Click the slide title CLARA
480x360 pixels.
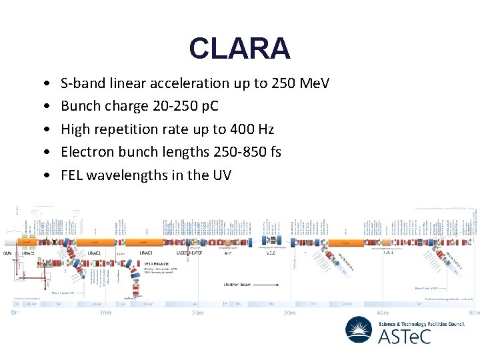239,48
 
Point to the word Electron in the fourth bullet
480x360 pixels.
85,152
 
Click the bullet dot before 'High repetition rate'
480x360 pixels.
44,129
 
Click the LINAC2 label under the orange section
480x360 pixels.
94,253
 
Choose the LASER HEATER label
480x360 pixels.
190,253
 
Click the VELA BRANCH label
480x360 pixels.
155,264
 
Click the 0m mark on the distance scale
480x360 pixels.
15,312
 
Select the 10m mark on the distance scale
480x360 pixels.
105,312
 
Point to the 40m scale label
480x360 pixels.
382,312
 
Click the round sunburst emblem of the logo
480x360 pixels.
359,329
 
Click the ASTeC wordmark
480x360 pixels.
405,336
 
